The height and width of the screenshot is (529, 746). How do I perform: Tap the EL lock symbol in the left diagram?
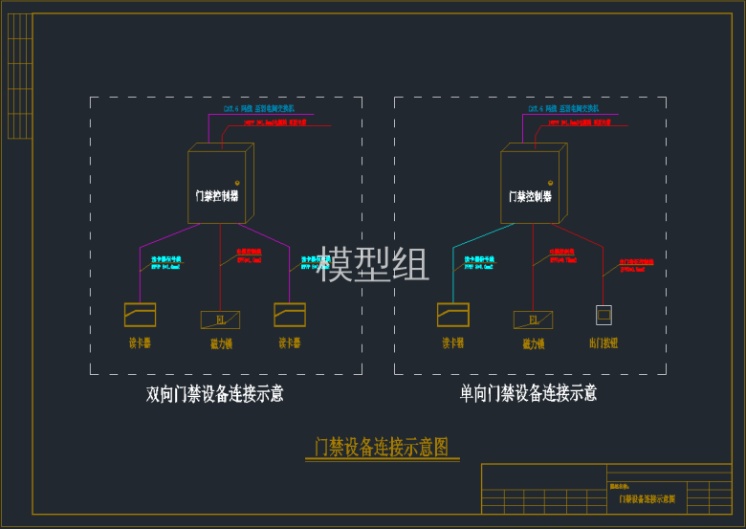point(220,320)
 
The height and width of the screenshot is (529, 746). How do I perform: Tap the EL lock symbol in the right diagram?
point(533,320)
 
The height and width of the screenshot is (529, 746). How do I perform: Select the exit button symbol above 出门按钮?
point(603,315)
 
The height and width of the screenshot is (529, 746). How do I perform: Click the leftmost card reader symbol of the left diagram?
point(140,315)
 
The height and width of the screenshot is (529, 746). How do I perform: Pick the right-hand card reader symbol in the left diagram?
point(290,315)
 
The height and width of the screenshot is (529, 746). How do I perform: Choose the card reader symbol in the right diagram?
point(453,315)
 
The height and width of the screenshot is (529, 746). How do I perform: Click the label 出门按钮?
point(603,342)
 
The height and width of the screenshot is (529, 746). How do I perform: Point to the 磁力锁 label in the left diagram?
point(221,343)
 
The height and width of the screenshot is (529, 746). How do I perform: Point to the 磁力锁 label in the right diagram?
point(534,343)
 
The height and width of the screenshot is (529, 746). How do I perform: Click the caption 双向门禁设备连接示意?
point(214,394)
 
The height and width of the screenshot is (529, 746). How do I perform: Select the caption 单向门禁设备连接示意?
point(528,393)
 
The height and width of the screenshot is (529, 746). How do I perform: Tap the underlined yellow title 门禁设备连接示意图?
point(382,447)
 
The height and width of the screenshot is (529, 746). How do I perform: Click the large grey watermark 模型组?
point(374,264)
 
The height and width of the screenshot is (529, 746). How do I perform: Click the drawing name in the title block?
point(647,499)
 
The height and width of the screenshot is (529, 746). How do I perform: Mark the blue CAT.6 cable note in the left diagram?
point(259,109)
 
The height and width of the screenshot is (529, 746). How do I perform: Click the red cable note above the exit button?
point(636,263)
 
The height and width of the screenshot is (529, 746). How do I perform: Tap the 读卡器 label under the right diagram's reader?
point(453,342)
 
